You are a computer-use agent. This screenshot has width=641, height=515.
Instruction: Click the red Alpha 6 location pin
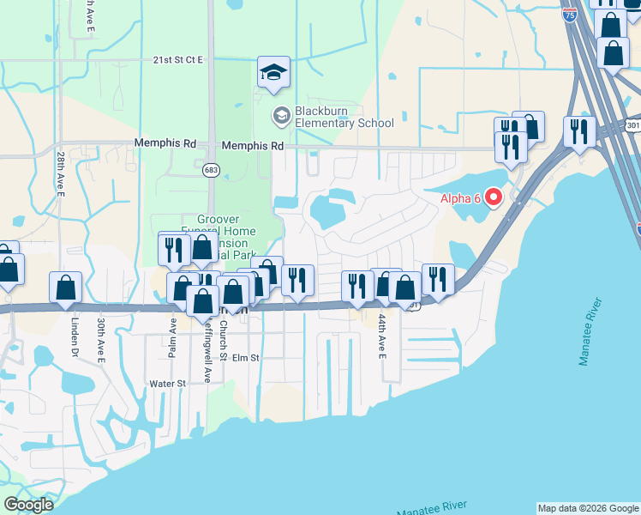[494, 198]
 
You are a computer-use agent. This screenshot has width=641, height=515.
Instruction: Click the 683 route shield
[210, 170]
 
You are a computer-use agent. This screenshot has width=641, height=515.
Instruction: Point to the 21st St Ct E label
[178, 60]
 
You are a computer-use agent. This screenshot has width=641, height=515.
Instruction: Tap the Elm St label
[246, 358]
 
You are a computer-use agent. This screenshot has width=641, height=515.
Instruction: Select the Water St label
[167, 384]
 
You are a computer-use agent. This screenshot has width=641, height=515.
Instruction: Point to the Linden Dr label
[75, 339]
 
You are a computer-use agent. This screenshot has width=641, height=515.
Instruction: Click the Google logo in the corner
[27, 505]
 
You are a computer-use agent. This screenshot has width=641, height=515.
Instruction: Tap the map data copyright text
[587, 508]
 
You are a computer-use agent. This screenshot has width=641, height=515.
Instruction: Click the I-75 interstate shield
[570, 15]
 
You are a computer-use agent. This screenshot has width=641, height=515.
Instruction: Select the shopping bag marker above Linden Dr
[66, 288]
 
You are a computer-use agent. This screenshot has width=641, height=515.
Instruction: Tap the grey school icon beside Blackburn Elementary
[281, 116]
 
